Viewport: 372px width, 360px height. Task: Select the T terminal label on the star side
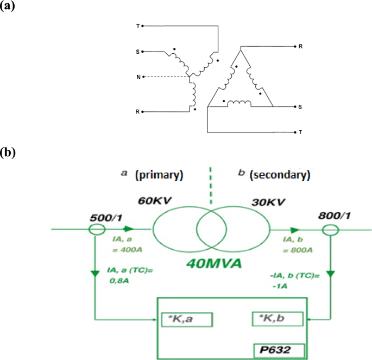(137, 26)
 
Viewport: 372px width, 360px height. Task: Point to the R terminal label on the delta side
(300, 47)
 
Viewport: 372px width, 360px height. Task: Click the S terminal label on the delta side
(300, 107)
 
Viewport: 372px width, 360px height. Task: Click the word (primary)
(159, 175)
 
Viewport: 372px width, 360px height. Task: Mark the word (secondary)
(279, 175)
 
